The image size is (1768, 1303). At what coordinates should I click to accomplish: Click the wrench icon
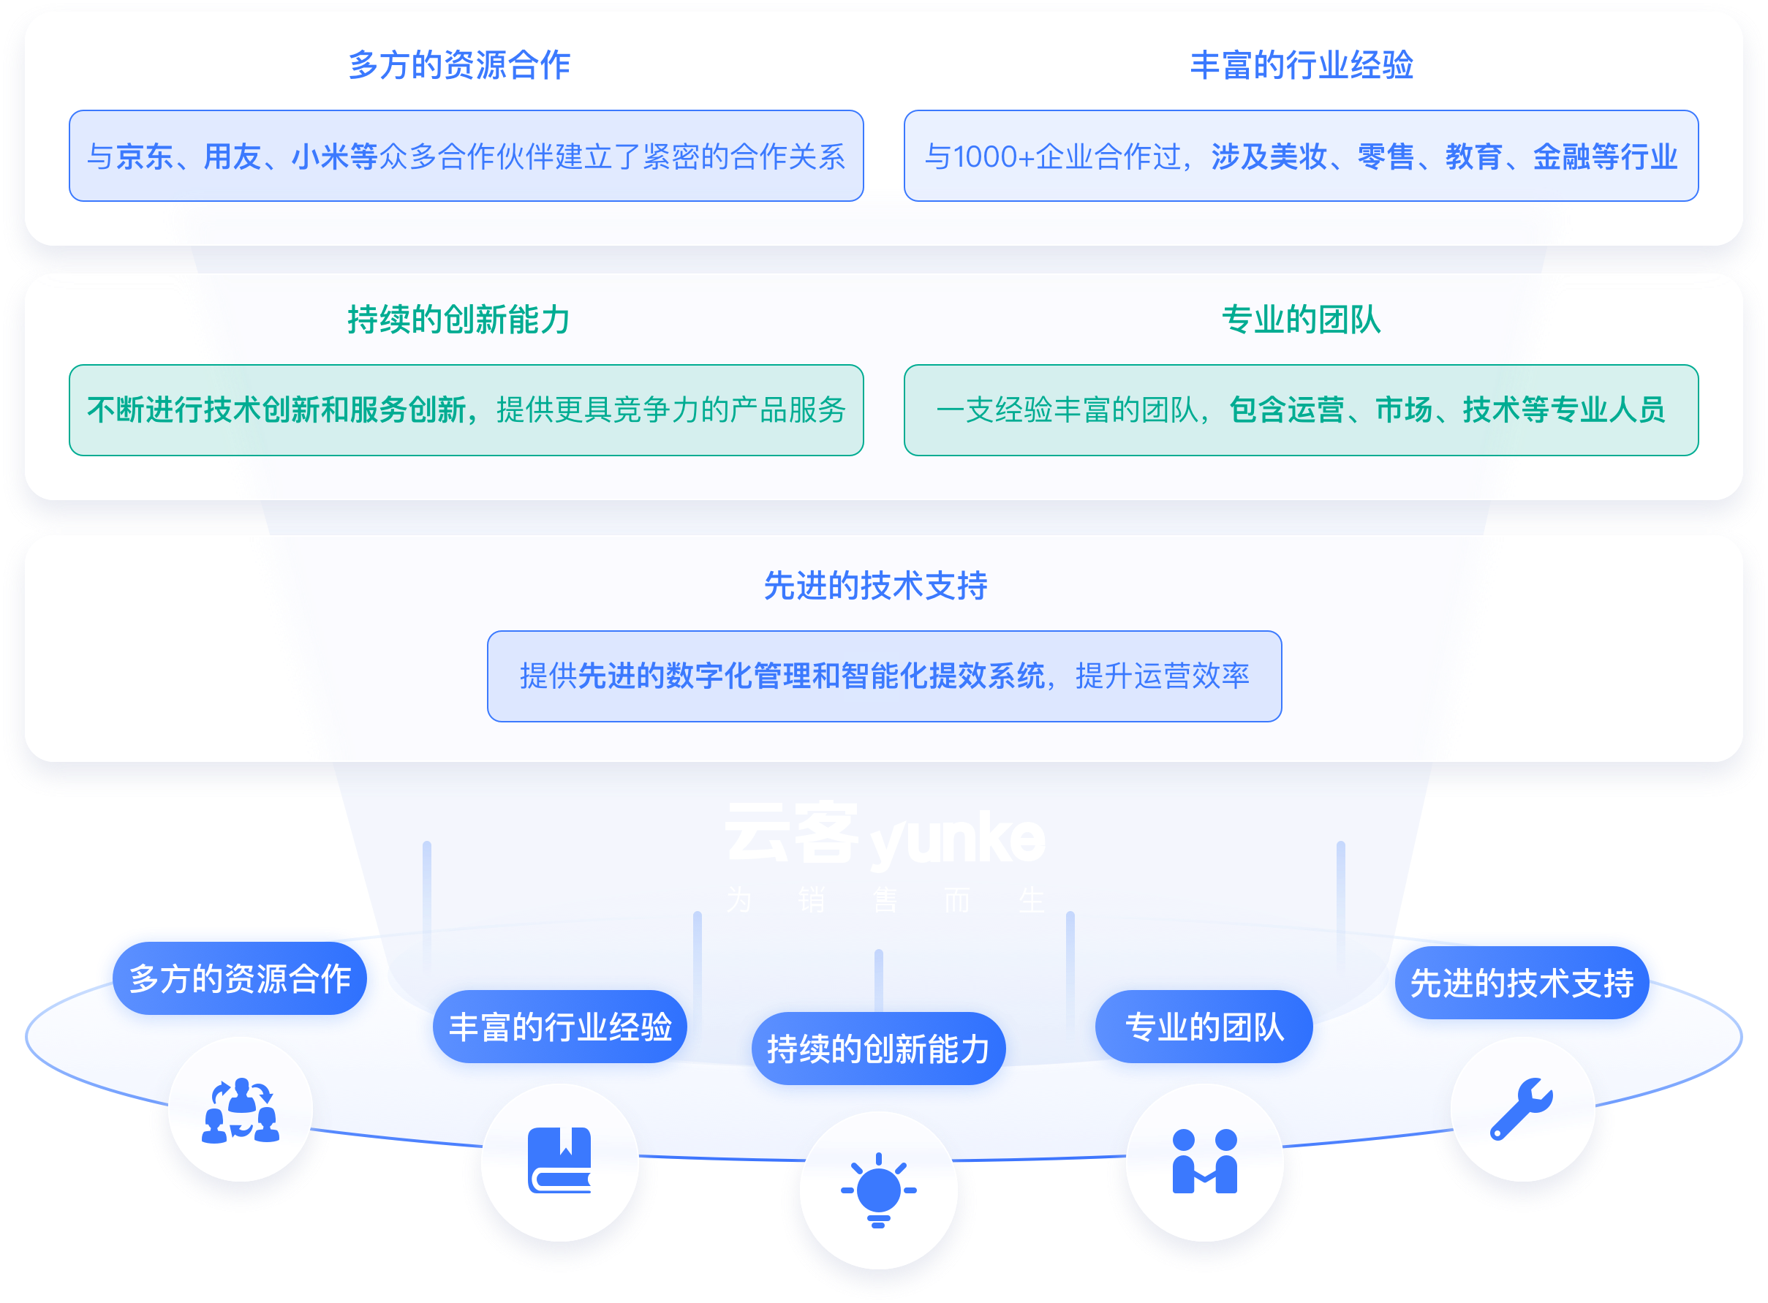pos(1520,1109)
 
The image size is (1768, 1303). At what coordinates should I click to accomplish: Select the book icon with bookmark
pos(560,1160)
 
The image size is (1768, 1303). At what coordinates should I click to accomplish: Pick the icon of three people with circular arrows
pos(241,1110)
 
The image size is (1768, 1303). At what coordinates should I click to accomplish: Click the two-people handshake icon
pos(1204,1161)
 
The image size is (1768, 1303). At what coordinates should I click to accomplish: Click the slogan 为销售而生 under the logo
pos(885,900)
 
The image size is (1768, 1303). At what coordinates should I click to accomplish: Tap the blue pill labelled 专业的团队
pos(1204,1027)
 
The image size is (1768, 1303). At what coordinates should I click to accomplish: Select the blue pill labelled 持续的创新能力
pos(878,1049)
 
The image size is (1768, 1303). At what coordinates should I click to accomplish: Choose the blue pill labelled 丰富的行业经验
pos(560,1027)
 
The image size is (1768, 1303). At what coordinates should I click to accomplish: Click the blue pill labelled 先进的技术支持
pos(1521,983)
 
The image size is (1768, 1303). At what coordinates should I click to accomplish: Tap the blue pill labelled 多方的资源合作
pos(240,979)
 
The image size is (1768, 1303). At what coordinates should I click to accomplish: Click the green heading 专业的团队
pos(1302,320)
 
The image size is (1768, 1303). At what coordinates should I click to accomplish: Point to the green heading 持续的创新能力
pos(458,320)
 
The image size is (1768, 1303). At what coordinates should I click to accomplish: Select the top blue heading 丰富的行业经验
pos(1302,64)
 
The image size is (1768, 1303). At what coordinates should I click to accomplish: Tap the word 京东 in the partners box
pos(144,156)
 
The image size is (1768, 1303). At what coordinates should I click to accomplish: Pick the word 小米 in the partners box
pos(320,156)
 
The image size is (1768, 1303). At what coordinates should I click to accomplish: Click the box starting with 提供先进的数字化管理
pos(884,676)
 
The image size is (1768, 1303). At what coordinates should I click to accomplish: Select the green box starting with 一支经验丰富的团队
pos(1302,410)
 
